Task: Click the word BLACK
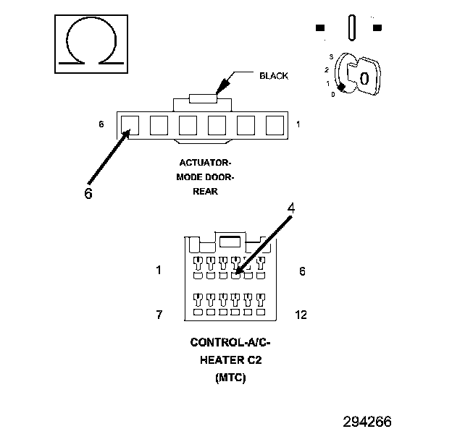[273, 75]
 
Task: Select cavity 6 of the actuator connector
[130, 125]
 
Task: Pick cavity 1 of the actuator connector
[274, 125]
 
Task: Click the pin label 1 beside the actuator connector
[298, 124]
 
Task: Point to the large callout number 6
[88, 194]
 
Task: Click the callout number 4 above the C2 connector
[290, 208]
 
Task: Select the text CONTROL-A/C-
[230, 342]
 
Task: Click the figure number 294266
[368, 422]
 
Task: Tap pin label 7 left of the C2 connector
[159, 315]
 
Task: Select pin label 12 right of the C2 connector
[301, 315]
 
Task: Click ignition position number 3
[331, 56]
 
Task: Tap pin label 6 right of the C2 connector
[302, 271]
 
